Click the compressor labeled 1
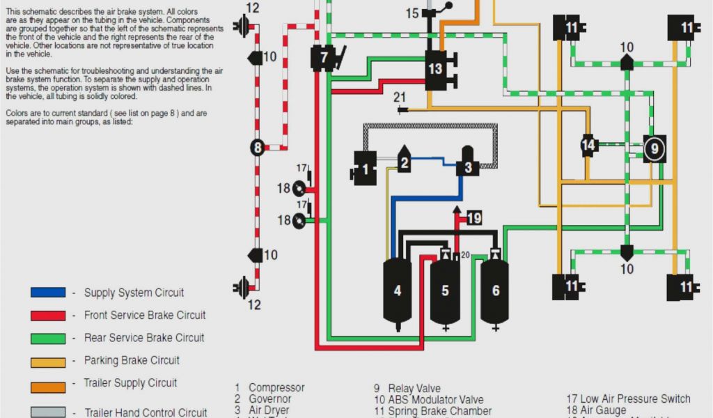coord(365,168)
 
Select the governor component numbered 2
coord(404,161)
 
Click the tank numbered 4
coord(398,291)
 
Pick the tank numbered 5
coord(445,291)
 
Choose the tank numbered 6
coord(495,291)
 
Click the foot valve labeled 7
coord(324,58)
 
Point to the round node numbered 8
coord(258,147)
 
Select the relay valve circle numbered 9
coord(654,148)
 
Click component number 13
coord(436,69)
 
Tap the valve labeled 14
coord(589,145)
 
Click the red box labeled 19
coord(473,218)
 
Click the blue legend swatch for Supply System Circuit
coord(48,293)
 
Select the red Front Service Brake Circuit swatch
coord(48,316)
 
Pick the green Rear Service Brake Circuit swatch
coord(48,338)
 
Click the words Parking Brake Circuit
coord(132,360)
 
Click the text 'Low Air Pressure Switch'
coord(635,399)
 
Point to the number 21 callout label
coord(399,97)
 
